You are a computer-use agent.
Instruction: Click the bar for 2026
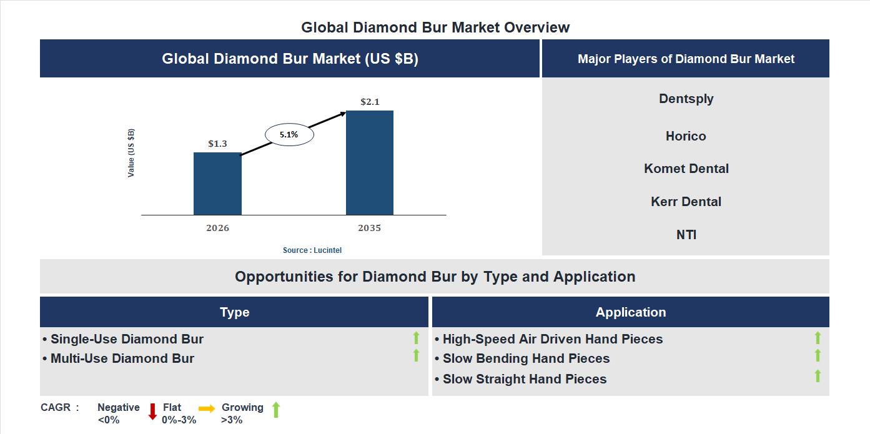point(217,184)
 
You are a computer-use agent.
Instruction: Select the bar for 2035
point(370,163)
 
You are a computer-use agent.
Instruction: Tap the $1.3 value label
point(217,144)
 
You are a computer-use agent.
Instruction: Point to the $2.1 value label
point(370,102)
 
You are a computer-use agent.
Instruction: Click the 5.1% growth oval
point(289,134)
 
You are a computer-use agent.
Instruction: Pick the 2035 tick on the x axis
point(369,228)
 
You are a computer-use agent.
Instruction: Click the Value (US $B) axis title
point(131,153)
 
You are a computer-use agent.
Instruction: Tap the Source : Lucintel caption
point(312,250)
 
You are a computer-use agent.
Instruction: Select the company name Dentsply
point(686,99)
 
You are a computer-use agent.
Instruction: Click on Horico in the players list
point(686,136)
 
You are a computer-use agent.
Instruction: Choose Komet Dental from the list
point(686,169)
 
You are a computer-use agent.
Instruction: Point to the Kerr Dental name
point(686,202)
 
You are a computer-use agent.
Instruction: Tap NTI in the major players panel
point(686,235)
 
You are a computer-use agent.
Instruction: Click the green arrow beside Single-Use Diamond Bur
point(416,338)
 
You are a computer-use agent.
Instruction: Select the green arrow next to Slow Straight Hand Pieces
point(818,376)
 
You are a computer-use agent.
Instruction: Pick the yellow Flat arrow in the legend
point(207,408)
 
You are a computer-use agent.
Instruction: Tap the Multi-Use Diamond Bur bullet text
point(122,358)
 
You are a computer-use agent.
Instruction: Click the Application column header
point(631,312)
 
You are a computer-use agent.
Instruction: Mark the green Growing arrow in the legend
point(276,410)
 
